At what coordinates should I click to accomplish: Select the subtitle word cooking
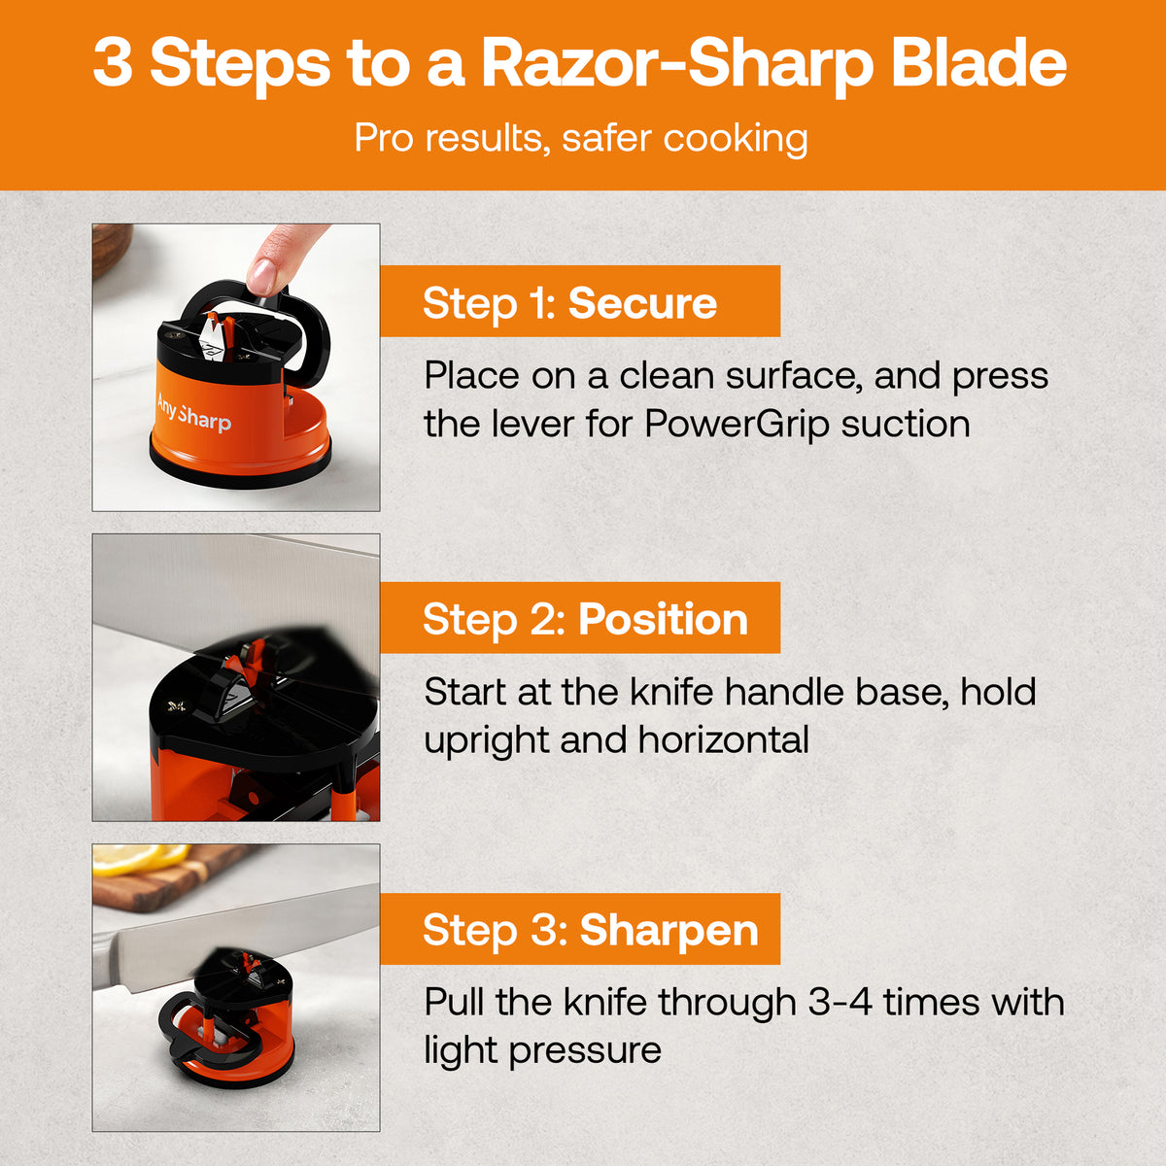(736, 139)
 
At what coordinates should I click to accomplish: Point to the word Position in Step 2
(664, 619)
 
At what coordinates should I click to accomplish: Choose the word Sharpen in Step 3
(669, 930)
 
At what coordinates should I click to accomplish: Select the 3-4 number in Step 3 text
(840, 1002)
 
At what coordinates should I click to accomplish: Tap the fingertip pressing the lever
(262, 275)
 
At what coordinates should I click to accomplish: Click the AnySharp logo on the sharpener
(193, 412)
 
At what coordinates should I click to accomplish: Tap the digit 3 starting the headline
(112, 64)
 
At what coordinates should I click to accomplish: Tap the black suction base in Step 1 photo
(240, 469)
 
